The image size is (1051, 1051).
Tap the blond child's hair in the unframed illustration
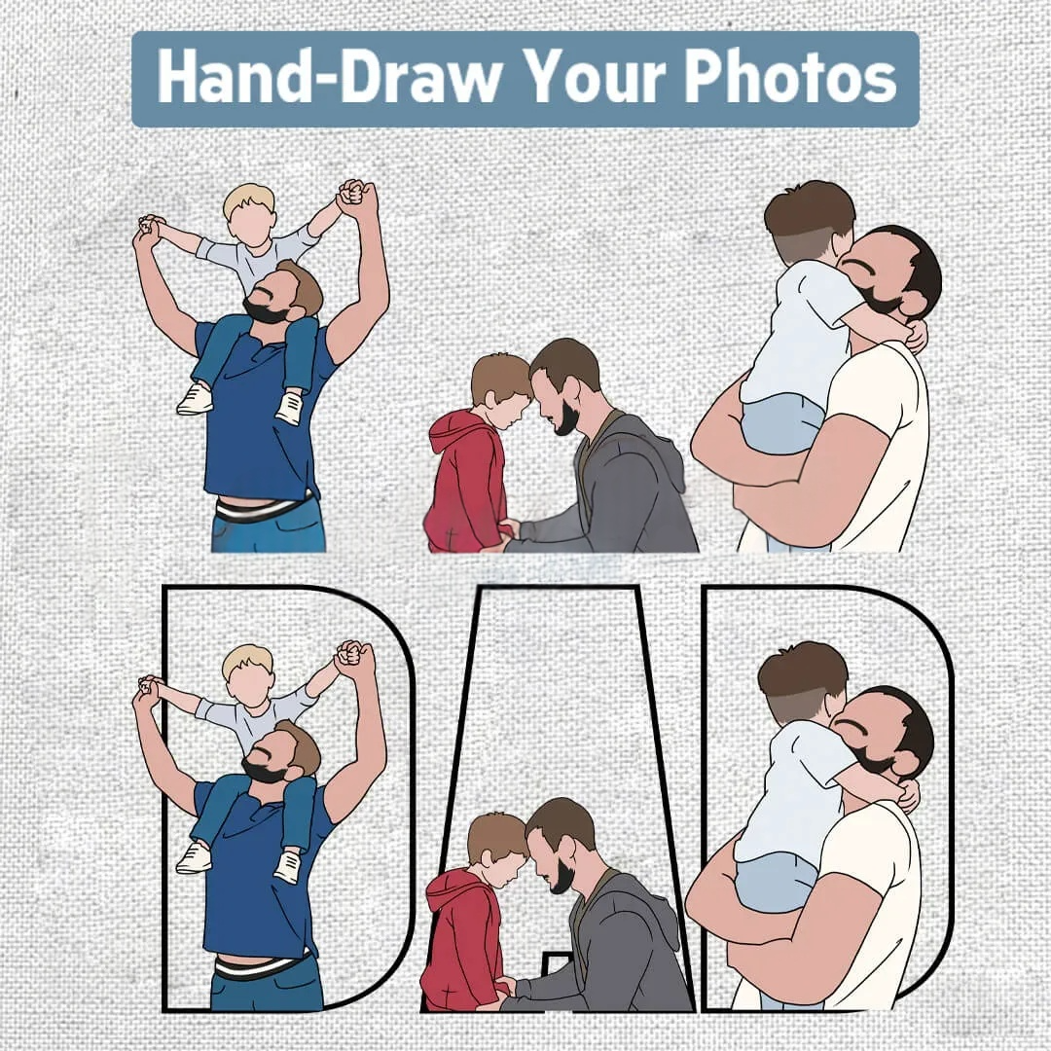pos(249,199)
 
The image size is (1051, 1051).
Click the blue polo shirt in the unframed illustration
pos(262,416)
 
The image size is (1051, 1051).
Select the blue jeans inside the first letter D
pos(269,989)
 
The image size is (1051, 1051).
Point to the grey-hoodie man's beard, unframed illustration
pos(565,418)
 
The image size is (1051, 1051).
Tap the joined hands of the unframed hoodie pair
pos(509,530)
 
